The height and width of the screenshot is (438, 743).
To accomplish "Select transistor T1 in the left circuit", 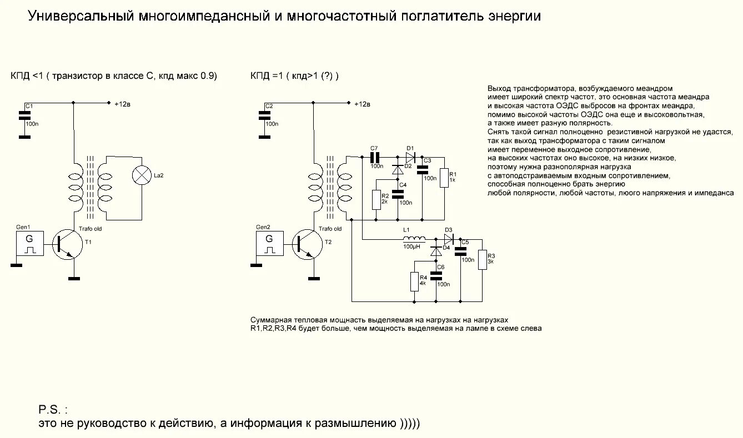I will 67,245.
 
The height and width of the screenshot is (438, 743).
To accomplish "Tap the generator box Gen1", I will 29,244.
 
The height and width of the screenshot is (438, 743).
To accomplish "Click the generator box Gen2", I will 269,244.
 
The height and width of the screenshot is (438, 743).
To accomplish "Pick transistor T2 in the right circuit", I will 307,245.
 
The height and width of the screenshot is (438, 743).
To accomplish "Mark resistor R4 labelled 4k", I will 414,282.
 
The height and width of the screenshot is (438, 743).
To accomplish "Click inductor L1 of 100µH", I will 413,239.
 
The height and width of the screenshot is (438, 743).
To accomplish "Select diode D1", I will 410,157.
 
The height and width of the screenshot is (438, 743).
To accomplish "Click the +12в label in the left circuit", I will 122,104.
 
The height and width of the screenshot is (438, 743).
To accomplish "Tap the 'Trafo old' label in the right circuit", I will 330,229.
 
